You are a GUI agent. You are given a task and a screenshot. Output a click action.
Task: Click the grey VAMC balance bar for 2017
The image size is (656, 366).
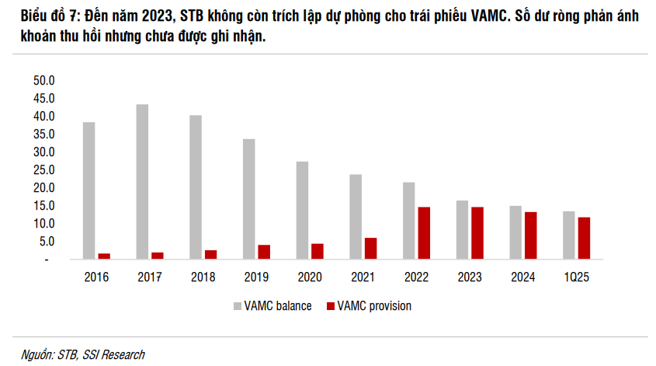pos(142,182)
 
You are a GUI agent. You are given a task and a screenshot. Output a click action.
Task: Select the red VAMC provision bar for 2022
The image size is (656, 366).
pos(424,233)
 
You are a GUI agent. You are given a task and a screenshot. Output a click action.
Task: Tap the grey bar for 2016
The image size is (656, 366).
pos(89,190)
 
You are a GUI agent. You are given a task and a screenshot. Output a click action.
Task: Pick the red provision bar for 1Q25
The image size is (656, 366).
pos(584,238)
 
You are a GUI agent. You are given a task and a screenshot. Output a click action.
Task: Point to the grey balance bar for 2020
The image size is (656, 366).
pos(302,210)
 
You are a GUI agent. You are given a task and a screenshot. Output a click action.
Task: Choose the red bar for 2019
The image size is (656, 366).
pos(264,252)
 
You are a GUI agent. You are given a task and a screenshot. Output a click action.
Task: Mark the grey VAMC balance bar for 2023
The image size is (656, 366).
pos(462,229)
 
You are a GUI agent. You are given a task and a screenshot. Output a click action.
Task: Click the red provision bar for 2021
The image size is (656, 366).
pos(370,248)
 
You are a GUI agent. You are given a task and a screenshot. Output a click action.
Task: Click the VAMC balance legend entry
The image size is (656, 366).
pos(277,306)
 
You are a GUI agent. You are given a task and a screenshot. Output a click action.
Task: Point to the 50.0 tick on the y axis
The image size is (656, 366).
pos(42,81)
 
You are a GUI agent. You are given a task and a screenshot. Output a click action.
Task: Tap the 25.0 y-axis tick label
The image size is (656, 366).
pos(42,170)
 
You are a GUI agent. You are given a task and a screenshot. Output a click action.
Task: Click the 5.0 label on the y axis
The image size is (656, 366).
pos(44,242)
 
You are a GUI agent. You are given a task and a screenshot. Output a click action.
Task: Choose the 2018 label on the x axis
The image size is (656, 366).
pos(203,276)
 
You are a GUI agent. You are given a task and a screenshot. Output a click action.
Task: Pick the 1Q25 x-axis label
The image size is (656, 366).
pos(576,276)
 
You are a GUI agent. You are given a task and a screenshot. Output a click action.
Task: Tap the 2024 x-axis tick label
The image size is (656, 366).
pos(522,276)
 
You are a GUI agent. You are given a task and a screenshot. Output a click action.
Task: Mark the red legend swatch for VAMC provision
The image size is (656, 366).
pos(331,306)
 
